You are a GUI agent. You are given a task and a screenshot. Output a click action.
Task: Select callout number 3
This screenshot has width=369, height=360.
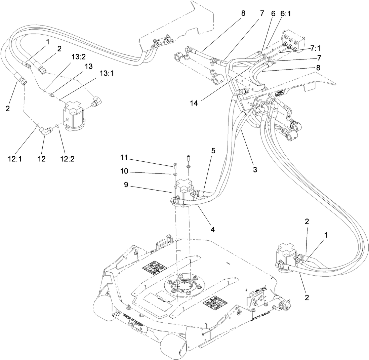[x=255, y=170]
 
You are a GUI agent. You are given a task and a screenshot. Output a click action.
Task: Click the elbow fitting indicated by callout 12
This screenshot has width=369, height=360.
[x=46, y=130]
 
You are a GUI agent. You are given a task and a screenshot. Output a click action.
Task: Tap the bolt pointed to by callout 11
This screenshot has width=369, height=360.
[x=175, y=165]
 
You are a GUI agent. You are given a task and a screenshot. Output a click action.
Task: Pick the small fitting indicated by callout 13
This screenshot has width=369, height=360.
[x=51, y=95]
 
